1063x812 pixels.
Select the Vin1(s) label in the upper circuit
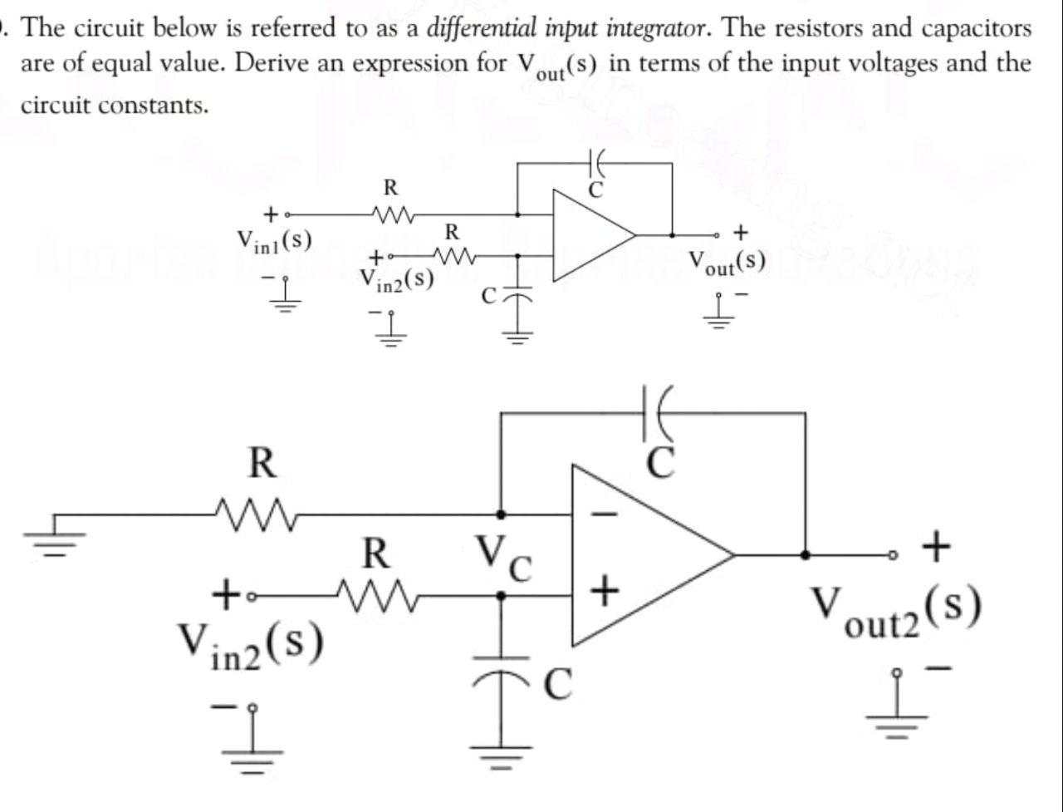(274, 241)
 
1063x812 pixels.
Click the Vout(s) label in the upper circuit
(726, 261)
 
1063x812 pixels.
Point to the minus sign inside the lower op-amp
(606, 514)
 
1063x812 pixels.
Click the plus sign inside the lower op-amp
(605, 592)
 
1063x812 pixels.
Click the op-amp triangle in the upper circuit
(591, 234)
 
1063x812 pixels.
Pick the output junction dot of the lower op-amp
(805, 554)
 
